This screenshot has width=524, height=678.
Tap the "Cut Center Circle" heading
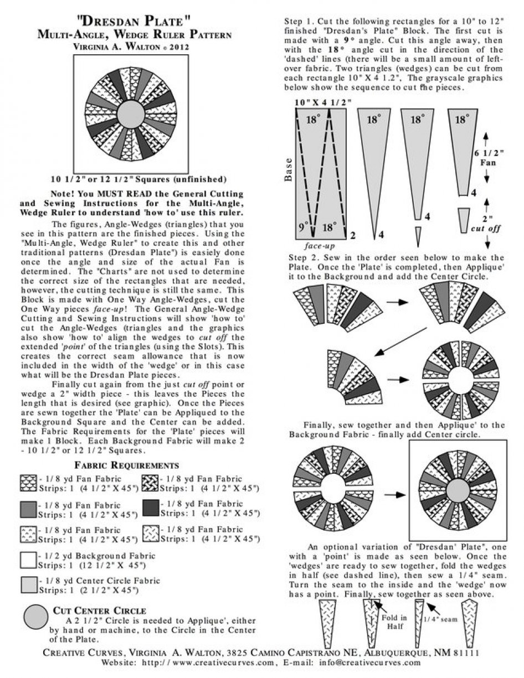(99, 610)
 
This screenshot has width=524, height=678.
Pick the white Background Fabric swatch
(28, 560)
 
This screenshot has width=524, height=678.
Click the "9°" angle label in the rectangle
(302, 227)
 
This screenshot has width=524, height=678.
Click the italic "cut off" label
(487, 229)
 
